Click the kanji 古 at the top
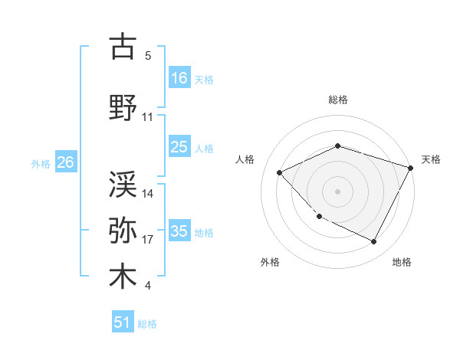point(123,47)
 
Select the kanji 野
point(123,108)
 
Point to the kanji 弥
point(123,231)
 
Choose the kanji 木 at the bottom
point(123,277)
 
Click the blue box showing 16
point(179,77)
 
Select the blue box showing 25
point(179,147)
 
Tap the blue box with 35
point(179,231)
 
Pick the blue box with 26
point(65,162)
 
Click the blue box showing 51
point(123,322)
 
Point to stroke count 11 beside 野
point(148,117)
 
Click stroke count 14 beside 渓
point(148,194)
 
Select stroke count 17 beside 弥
point(148,240)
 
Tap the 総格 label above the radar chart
point(338,100)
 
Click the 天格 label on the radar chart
point(431,159)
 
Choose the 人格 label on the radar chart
point(245,159)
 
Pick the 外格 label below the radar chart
point(270,262)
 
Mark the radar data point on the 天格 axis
point(411,168)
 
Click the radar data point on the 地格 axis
point(374,242)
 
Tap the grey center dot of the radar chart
point(337,191)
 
